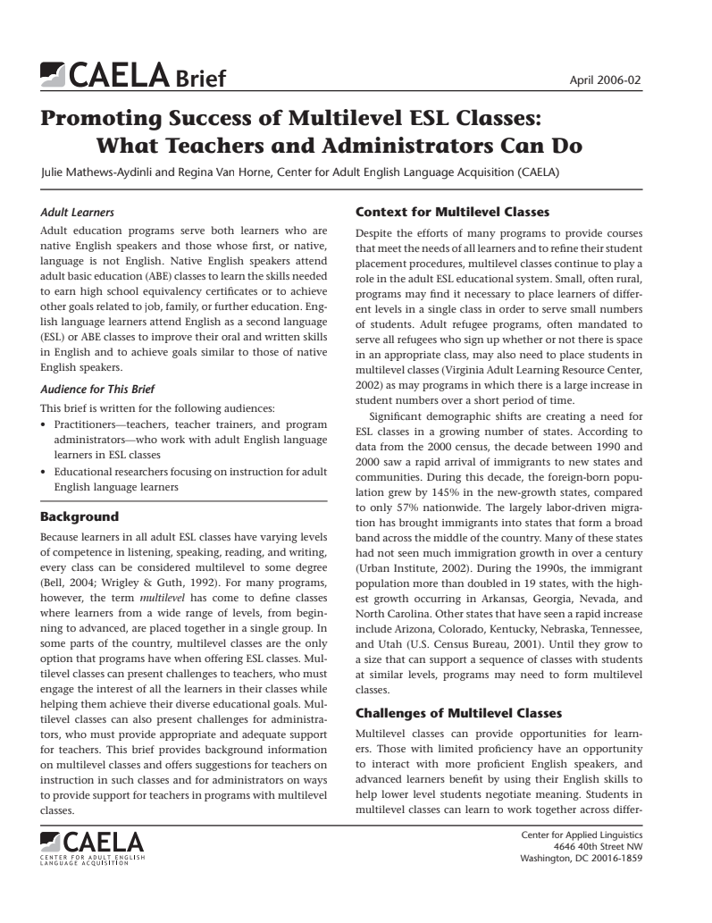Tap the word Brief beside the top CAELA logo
(200, 79)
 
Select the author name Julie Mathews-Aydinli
(96, 172)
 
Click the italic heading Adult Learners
(78, 213)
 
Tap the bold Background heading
(80, 516)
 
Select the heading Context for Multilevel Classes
(452, 213)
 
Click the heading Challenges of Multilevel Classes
(458, 713)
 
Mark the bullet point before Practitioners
(45, 425)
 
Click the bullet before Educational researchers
(45, 472)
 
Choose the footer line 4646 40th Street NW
(597, 846)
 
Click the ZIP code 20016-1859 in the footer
(615, 859)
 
